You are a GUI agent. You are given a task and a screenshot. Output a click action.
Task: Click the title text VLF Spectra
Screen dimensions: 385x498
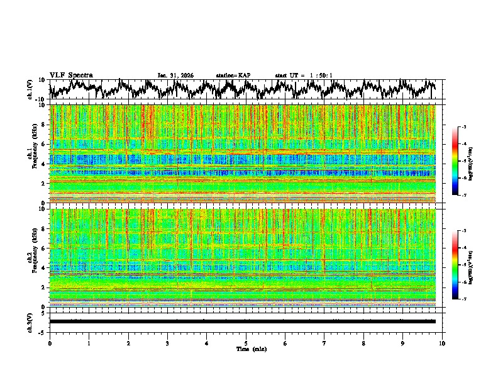71,75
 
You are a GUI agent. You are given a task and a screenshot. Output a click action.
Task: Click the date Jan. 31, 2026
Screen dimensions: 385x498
175,75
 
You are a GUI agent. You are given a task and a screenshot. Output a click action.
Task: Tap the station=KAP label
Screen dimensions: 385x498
233,75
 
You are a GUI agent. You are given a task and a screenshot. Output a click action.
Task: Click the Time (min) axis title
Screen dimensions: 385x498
246,349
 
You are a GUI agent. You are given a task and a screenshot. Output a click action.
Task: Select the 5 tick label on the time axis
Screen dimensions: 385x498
246,343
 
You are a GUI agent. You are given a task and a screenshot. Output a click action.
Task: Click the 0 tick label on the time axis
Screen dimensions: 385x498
50,343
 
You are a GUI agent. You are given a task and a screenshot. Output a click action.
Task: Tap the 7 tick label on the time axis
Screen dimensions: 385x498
324,343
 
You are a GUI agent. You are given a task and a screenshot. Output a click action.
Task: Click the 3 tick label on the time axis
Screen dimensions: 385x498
167,343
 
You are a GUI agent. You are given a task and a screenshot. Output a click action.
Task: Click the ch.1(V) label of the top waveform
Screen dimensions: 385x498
30,89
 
